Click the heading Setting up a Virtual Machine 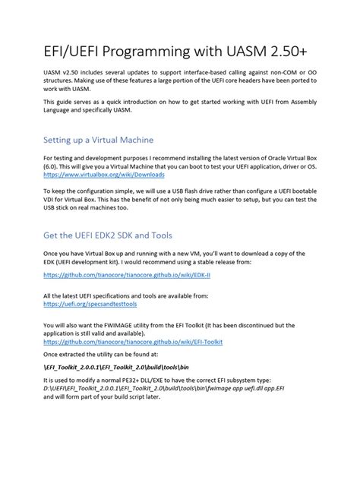(109, 140)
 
